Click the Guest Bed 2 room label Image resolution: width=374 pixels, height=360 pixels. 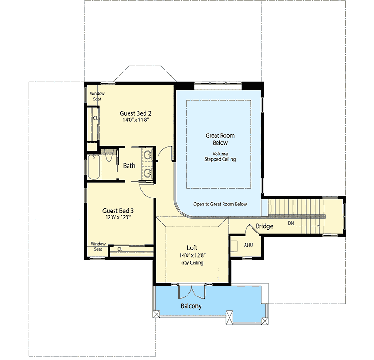pos(135,113)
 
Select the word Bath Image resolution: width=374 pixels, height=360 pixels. pos(129,166)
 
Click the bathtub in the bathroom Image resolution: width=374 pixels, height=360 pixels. pos(93,167)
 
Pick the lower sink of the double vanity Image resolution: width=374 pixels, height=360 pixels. pos(148,173)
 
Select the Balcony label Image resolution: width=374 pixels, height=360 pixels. pos(191,306)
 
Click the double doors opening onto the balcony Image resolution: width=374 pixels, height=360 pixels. pos(191,291)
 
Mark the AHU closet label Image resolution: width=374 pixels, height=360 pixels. pos(248,245)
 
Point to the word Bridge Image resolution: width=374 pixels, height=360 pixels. pos(264,226)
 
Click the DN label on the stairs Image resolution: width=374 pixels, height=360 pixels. pos(291,223)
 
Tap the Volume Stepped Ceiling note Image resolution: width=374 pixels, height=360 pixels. pos(220,156)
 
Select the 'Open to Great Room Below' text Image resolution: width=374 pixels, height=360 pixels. pos(220,205)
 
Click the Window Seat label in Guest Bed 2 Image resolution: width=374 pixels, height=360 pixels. pos(97,96)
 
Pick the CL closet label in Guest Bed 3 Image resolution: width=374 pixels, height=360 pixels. pos(120,249)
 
